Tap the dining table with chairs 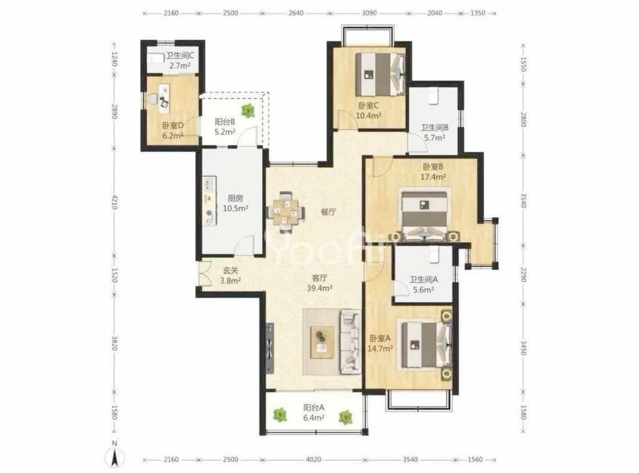pyautogui.click(x=286, y=212)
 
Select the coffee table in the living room pyautogui.click(x=323, y=343)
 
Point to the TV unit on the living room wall pyautogui.click(x=270, y=348)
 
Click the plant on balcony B pyautogui.click(x=248, y=110)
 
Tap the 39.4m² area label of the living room pyautogui.click(x=319, y=288)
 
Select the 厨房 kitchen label pyautogui.click(x=235, y=198)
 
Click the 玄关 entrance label pyautogui.click(x=231, y=271)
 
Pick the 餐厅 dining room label pyautogui.click(x=328, y=212)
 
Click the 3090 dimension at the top pyautogui.click(x=369, y=13)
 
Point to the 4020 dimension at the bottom pyautogui.click(x=313, y=460)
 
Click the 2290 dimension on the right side pyautogui.click(x=523, y=275)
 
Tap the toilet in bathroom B pyautogui.click(x=433, y=96)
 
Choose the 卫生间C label pyautogui.click(x=180, y=56)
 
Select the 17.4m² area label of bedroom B pyautogui.click(x=433, y=177)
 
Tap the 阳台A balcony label pyautogui.click(x=314, y=408)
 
